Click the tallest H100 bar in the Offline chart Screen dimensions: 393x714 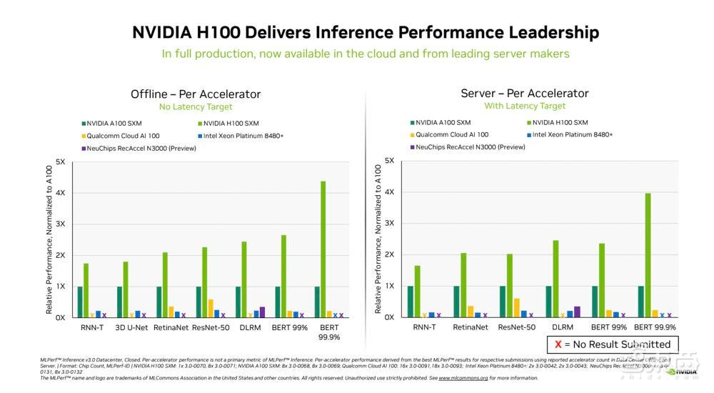point(323,249)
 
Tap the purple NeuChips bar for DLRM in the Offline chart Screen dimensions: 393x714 point(262,312)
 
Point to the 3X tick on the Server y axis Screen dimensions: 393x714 point(389,223)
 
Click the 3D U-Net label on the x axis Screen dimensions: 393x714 point(131,328)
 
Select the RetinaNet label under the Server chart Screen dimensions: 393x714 point(471,327)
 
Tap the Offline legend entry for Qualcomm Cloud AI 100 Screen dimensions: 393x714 point(119,136)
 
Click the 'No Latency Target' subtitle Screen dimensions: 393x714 point(196,107)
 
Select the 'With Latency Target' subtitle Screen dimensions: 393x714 point(525,106)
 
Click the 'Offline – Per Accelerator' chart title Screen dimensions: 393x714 point(196,94)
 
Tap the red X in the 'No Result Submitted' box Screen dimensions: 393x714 point(558,344)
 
